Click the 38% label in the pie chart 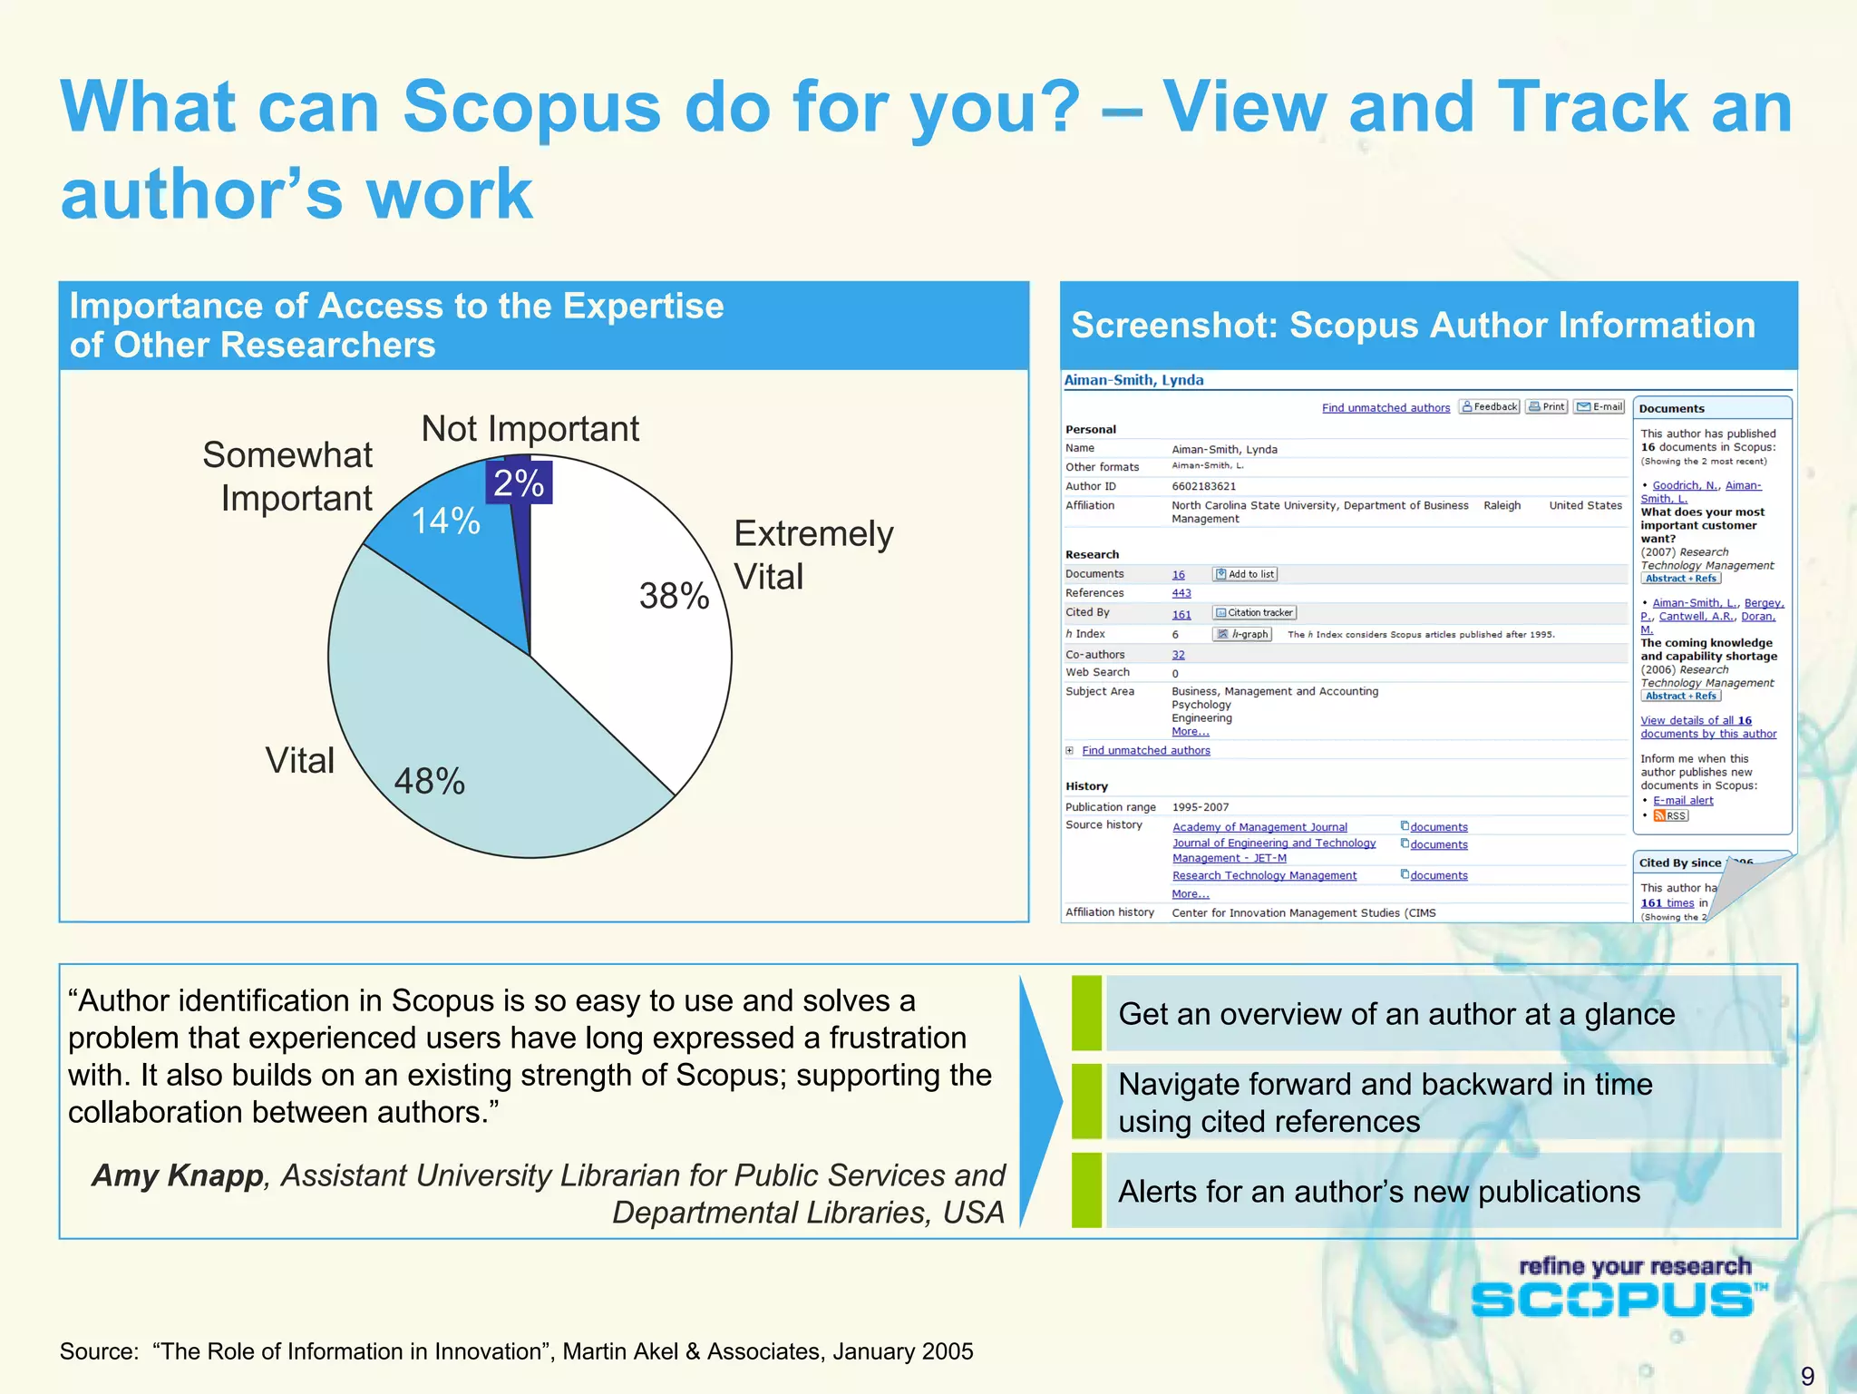point(674,596)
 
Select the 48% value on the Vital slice point(429,781)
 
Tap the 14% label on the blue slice point(445,521)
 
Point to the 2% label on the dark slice point(519,483)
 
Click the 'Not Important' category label point(530,428)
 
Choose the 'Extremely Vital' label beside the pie point(812,554)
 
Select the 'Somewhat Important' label point(287,476)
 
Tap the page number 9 point(1806,1376)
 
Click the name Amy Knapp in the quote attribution point(178,1175)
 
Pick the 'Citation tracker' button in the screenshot point(1255,613)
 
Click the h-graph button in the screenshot point(1243,634)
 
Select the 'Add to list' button point(1245,574)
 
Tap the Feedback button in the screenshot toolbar point(1489,406)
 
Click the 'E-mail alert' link point(1682,800)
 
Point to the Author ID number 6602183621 point(1203,486)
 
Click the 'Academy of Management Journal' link point(1259,827)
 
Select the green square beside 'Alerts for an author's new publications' point(1086,1190)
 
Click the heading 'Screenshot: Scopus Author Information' point(1413,326)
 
